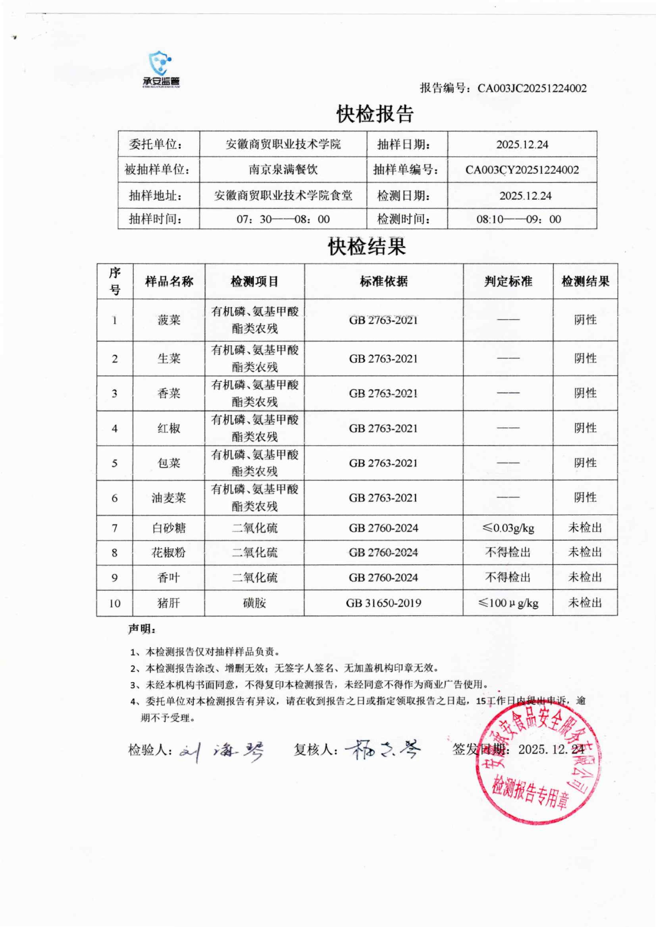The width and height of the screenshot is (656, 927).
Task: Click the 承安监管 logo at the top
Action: click(161, 69)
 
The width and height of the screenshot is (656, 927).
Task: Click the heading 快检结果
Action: click(367, 246)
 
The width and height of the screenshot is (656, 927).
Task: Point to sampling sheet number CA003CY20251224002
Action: click(522, 170)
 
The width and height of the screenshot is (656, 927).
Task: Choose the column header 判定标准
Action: click(508, 281)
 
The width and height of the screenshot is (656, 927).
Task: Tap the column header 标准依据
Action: click(384, 281)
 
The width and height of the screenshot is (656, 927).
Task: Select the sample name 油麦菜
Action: click(169, 498)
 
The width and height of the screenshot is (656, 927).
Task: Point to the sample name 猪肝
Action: click(169, 603)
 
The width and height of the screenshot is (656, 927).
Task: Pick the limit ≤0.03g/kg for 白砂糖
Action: click(508, 528)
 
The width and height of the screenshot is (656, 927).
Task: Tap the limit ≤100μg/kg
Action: click(508, 603)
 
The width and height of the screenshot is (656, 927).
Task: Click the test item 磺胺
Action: click(255, 603)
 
